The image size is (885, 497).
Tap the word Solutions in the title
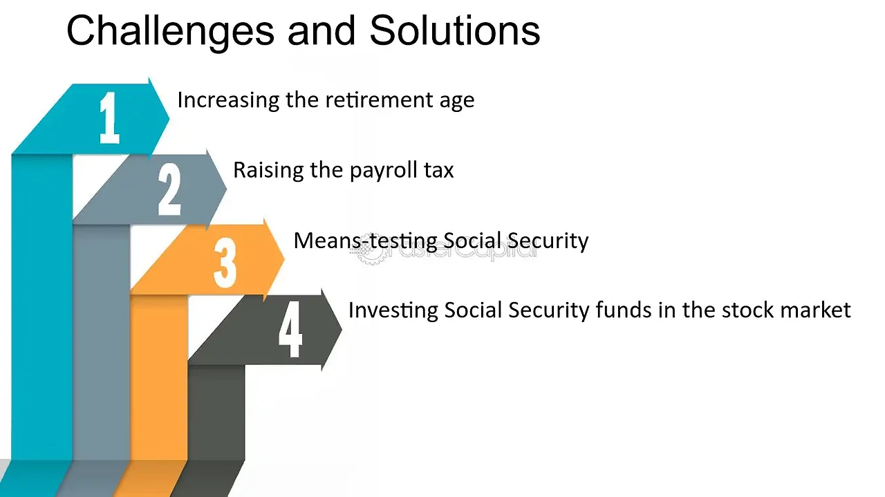pyautogui.click(x=455, y=30)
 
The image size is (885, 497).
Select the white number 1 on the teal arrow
pyautogui.click(x=109, y=118)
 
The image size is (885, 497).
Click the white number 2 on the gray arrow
pyautogui.click(x=169, y=189)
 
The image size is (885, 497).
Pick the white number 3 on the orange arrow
pyautogui.click(x=225, y=263)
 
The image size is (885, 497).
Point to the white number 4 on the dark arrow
pyautogui.click(x=290, y=330)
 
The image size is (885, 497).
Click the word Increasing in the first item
pyautogui.click(x=228, y=101)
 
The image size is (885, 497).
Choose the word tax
pyautogui.click(x=439, y=171)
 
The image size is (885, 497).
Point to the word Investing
pyautogui.click(x=393, y=311)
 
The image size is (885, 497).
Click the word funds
pyautogui.click(x=624, y=310)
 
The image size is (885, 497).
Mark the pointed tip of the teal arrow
pyautogui.click(x=169, y=118)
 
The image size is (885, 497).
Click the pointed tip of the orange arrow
pyautogui.click(x=284, y=259)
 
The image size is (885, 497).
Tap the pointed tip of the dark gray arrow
pyautogui.click(x=342, y=328)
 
